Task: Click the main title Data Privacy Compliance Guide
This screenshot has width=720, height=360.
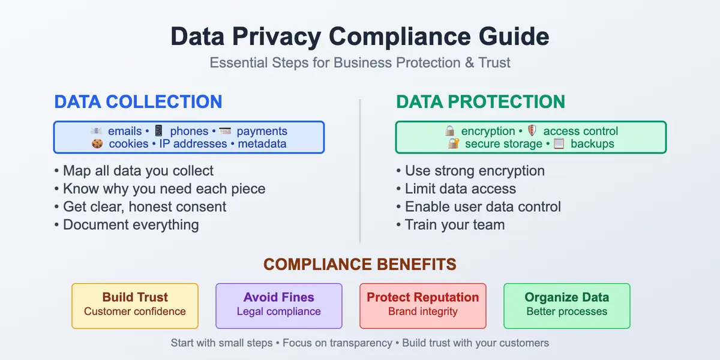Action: tap(360, 37)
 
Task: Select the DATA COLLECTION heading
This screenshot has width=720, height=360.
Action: tap(138, 101)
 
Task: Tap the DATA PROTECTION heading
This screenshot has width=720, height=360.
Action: tap(481, 101)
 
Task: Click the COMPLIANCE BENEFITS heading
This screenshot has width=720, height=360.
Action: tap(360, 265)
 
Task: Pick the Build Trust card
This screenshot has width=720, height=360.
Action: tap(135, 305)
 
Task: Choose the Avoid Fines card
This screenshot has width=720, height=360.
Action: tap(279, 305)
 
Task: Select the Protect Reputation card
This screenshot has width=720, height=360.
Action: tap(423, 305)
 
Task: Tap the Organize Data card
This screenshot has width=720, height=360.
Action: tap(567, 305)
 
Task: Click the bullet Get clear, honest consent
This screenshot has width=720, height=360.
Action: tap(141, 207)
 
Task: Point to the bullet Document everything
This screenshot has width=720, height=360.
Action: tap(127, 225)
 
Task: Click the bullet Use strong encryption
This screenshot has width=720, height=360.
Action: tap(471, 171)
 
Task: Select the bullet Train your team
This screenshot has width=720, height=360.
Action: tap(451, 225)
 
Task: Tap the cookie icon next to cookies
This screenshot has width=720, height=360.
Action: tap(97, 144)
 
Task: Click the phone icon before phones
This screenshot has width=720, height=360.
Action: tap(158, 131)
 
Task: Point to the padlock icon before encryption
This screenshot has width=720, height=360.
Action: tap(449, 131)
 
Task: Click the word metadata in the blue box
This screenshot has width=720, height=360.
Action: tap(262, 144)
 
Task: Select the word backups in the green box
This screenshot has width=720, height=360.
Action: tap(592, 144)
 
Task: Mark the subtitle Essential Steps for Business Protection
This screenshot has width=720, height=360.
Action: tap(360, 62)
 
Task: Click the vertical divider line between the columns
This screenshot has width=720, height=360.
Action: tap(360, 171)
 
